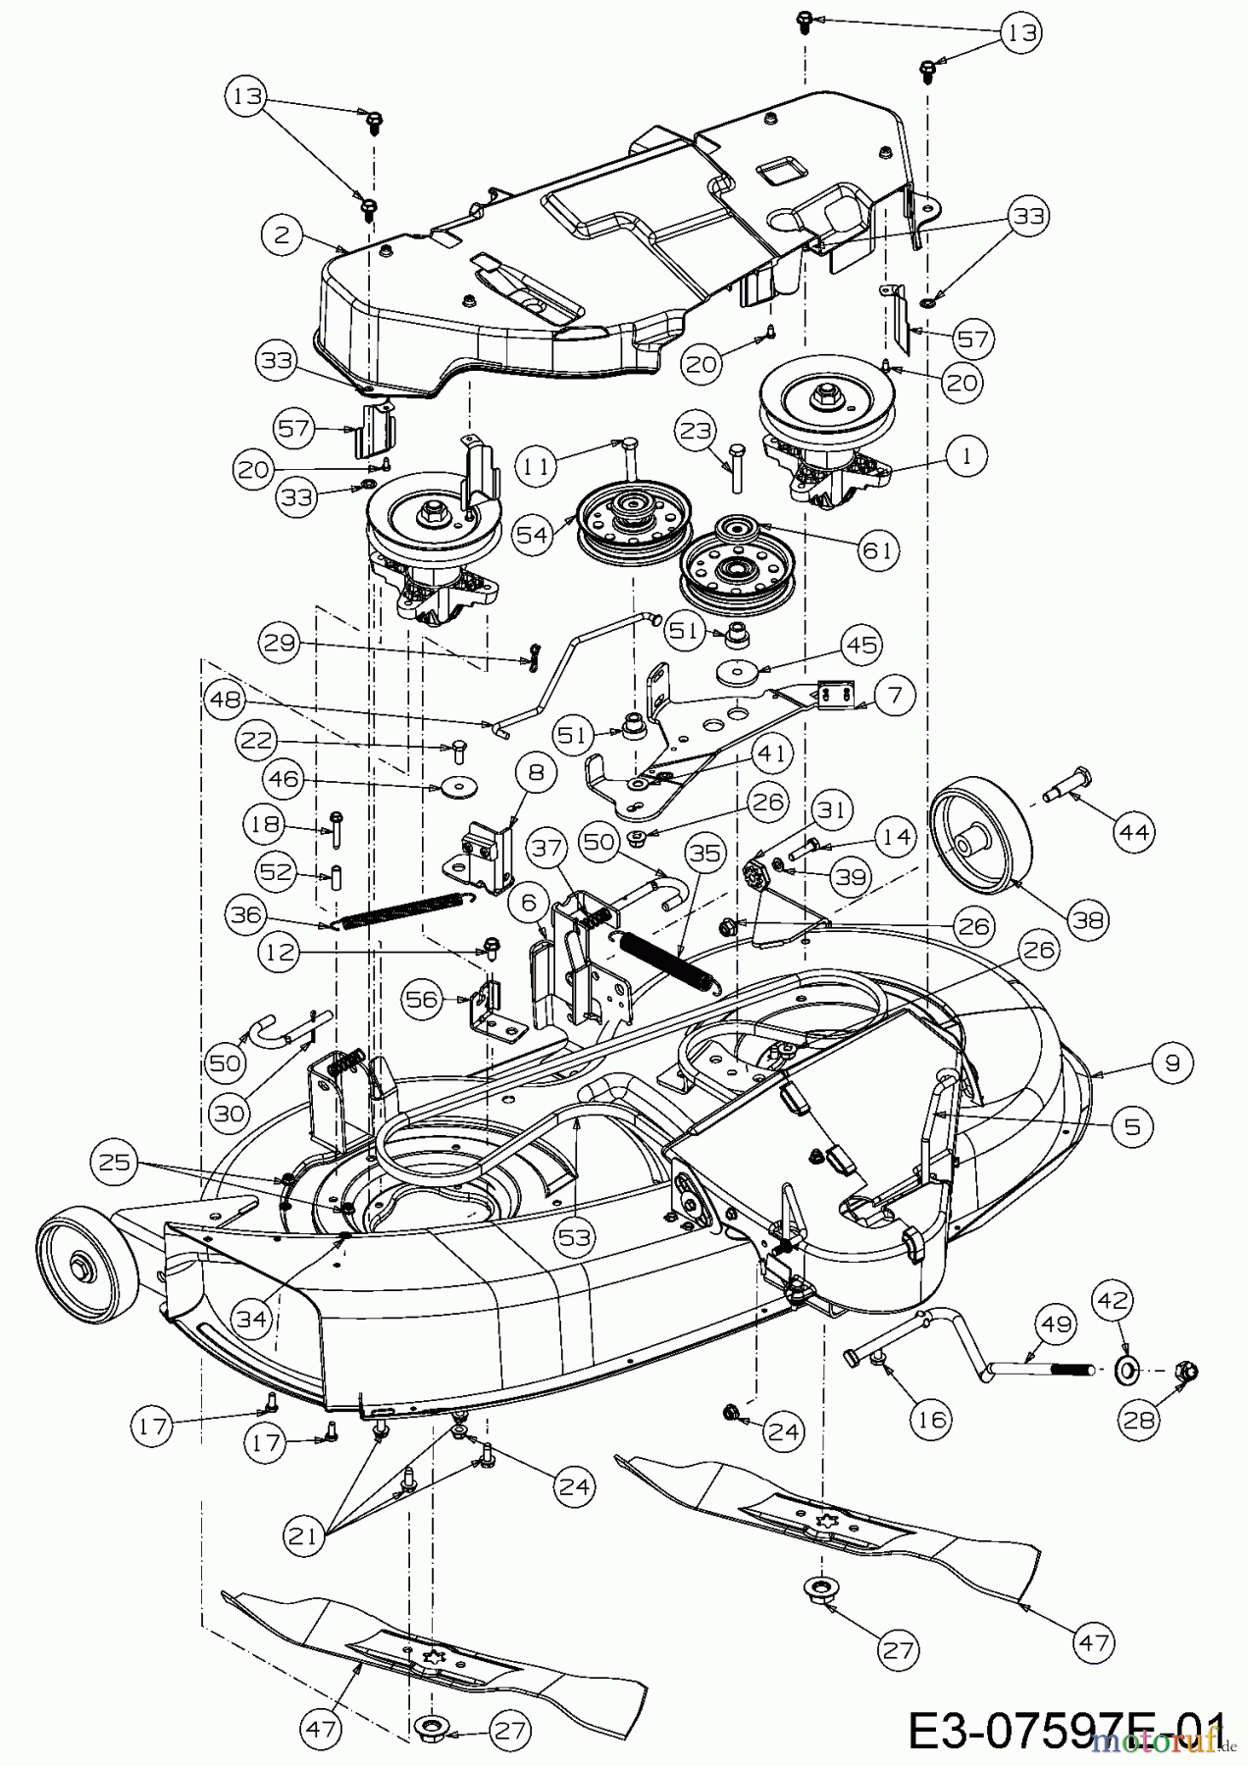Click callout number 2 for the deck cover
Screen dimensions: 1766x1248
point(281,234)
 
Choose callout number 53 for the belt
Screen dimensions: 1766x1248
point(576,1237)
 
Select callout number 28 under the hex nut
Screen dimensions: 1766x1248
point(1138,1422)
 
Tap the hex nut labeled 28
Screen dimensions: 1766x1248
point(1184,1371)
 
